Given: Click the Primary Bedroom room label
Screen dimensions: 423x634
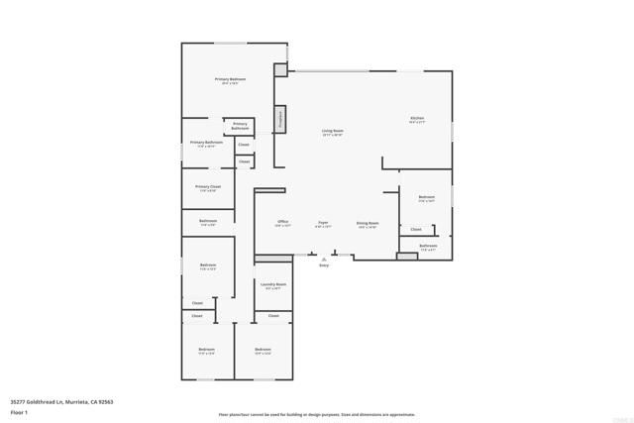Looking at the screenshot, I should click(x=230, y=79).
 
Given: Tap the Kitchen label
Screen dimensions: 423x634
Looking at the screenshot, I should click(x=417, y=119).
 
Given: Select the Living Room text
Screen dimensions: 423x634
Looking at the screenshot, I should click(x=332, y=131).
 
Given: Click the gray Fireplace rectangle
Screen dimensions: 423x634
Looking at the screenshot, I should click(x=280, y=120).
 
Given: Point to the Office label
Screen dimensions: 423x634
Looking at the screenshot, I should click(x=282, y=223).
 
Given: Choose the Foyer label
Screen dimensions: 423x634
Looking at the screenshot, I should click(x=323, y=223).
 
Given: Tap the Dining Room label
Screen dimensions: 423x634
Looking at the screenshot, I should click(x=368, y=223).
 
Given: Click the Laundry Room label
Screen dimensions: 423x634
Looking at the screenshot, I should click(x=273, y=284).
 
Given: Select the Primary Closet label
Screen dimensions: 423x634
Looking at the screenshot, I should click(x=208, y=186).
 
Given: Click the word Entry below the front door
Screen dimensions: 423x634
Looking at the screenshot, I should click(x=323, y=265).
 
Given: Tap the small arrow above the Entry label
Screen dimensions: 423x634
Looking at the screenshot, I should click(x=323, y=259).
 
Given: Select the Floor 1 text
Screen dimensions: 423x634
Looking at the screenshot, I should click(x=20, y=410).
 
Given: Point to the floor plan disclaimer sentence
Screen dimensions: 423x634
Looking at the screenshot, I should click(x=317, y=414).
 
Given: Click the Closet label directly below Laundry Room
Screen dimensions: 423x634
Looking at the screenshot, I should click(x=273, y=317).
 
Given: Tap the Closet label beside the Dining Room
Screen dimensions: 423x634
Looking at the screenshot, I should click(x=415, y=230).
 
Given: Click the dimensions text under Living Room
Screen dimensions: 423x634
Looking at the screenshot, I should click(x=332, y=136).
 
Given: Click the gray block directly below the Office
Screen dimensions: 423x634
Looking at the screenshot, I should click(x=273, y=259).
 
